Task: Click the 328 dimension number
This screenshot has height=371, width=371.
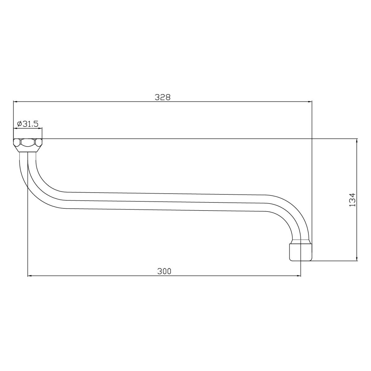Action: (x=163, y=97)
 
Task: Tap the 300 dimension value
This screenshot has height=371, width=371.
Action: (x=164, y=271)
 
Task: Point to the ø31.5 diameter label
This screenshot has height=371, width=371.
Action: (x=28, y=124)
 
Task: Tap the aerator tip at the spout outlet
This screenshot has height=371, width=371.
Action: (x=301, y=252)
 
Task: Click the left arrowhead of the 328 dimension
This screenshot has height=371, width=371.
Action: (x=15, y=101)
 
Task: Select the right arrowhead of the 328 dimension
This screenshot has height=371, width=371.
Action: (x=309, y=101)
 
